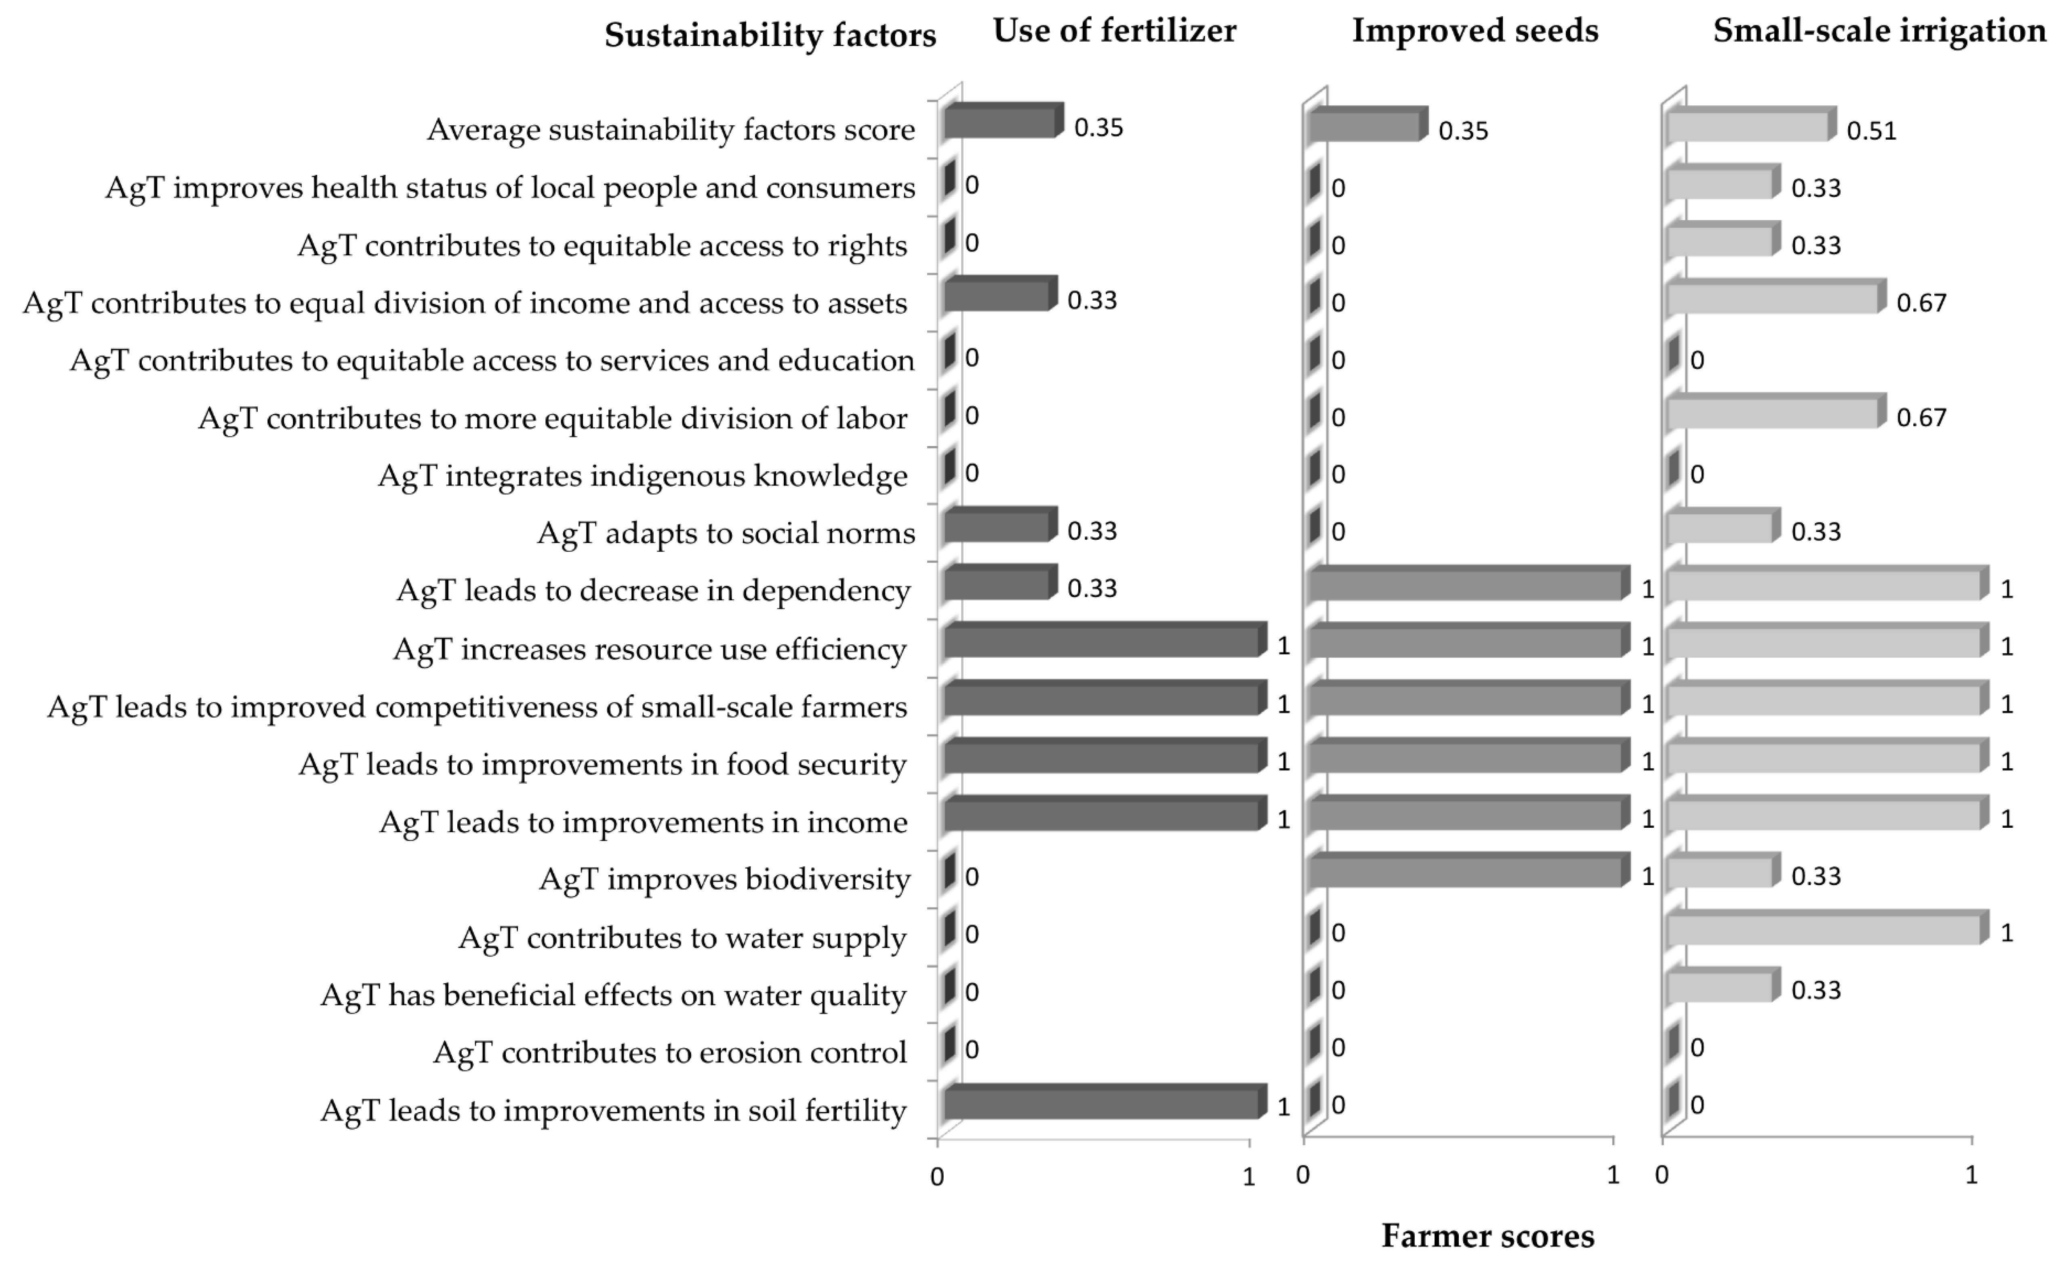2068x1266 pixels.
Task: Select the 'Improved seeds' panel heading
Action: pyautogui.click(x=1475, y=31)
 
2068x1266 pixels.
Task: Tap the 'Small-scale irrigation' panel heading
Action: pyautogui.click(x=1879, y=31)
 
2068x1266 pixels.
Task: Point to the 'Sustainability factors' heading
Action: pyautogui.click(x=770, y=35)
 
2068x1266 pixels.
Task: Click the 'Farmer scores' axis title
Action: pyautogui.click(x=1487, y=1236)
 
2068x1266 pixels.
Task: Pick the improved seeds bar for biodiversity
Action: pyautogui.click(x=1464, y=873)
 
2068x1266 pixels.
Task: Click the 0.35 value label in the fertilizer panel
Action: pyautogui.click(x=1098, y=128)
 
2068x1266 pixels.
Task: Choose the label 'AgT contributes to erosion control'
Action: pyautogui.click(x=670, y=1052)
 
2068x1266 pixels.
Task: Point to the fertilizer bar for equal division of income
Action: pyautogui.click(x=996, y=296)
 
